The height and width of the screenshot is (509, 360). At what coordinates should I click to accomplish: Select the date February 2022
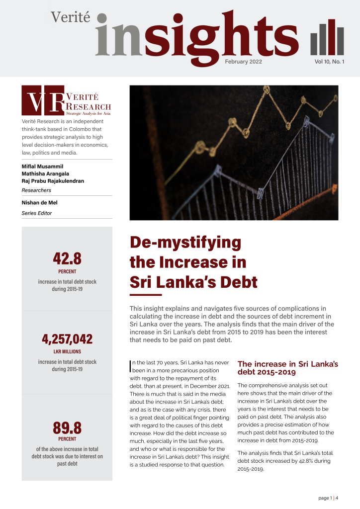(243, 62)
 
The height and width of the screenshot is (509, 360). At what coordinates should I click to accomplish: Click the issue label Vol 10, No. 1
(329, 62)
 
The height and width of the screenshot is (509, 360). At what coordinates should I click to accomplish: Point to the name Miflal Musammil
(43, 166)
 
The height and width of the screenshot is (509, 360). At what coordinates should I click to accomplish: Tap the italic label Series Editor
(36, 213)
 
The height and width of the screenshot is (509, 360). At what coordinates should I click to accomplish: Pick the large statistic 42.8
(67, 258)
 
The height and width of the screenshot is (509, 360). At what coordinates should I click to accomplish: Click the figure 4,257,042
(67, 339)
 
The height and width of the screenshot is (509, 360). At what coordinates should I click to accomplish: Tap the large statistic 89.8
(67, 427)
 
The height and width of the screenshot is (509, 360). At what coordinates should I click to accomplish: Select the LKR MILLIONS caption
(67, 352)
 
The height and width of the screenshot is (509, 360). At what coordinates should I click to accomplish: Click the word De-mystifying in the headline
(185, 244)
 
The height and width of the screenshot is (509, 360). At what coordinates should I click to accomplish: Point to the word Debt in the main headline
(236, 282)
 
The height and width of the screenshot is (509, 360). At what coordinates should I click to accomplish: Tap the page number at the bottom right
(328, 498)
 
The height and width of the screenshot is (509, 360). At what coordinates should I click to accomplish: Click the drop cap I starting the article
(130, 366)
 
